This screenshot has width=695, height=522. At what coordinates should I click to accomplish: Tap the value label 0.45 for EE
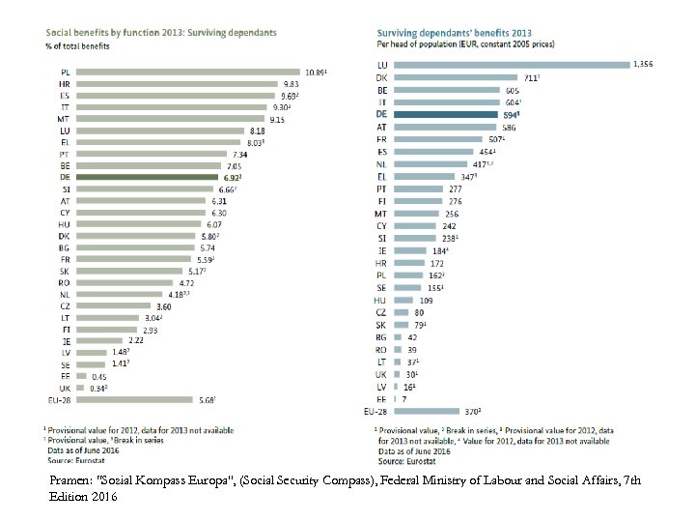[98, 375]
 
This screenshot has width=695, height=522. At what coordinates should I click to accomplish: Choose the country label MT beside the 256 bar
[381, 214]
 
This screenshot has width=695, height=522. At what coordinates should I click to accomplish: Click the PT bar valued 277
[415, 188]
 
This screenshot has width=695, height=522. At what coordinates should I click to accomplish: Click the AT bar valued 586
[443, 127]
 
